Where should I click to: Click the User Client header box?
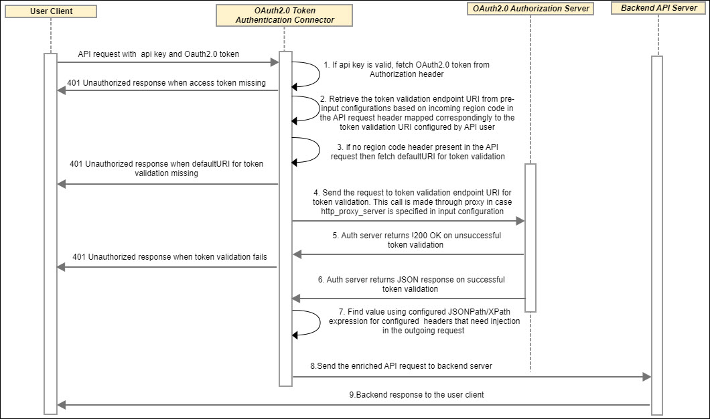[x=51, y=11]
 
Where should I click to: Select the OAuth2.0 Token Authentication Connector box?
[x=285, y=15]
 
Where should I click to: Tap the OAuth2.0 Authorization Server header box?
[x=531, y=9]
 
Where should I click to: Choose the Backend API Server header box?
[x=658, y=8]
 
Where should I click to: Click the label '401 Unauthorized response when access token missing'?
[x=167, y=83]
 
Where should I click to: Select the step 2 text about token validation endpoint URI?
[x=417, y=112]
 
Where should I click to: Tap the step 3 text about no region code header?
[x=417, y=151]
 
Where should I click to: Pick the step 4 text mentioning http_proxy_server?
[x=407, y=201]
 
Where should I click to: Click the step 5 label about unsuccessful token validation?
[x=416, y=240]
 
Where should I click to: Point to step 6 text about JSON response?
[x=411, y=284]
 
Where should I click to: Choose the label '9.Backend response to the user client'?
[x=416, y=394]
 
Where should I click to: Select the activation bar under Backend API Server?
[x=656, y=234]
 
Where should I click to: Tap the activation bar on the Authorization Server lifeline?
[x=530, y=238]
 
